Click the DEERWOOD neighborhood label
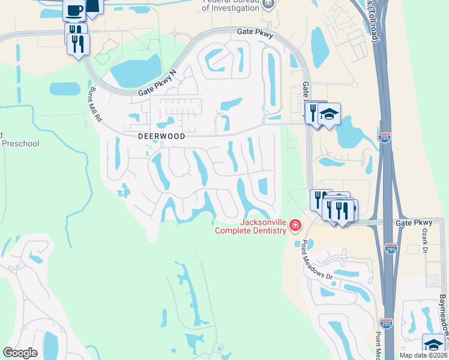pyautogui.click(x=161, y=136)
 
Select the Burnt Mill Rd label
pyautogui.click(x=95, y=104)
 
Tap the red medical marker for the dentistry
pyautogui.click(x=295, y=226)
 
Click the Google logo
pyautogui.click(x=20, y=353)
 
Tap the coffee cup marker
pyautogui.click(x=74, y=11)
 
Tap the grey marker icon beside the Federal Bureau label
pyautogui.click(x=268, y=3)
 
